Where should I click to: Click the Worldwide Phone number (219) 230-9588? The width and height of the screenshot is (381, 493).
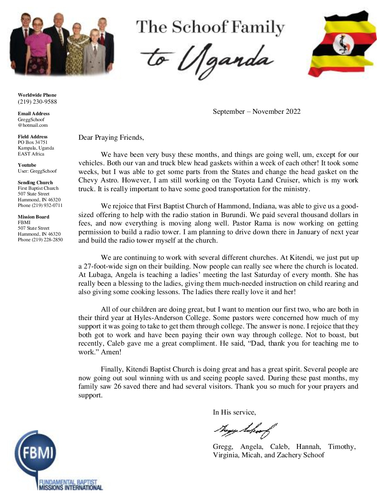click(x=37, y=102)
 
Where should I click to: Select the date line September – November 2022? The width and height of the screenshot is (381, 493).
click(x=256, y=112)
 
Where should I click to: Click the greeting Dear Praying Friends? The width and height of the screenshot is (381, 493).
click(x=111, y=138)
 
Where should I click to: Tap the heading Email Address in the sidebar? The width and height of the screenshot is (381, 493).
click(x=34, y=113)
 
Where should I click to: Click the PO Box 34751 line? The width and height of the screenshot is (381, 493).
click(x=33, y=142)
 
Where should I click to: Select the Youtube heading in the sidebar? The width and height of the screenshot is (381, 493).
click(x=27, y=165)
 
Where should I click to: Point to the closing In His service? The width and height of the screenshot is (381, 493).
click(x=234, y=412)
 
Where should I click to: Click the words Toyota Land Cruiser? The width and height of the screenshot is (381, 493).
click(x=297, y=180)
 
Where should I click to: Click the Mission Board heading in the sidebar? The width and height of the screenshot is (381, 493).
click(x=33, y=217)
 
